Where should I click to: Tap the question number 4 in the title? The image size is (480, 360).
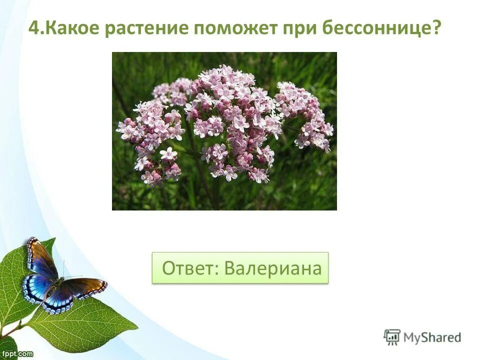33,28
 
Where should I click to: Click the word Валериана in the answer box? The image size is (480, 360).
272,268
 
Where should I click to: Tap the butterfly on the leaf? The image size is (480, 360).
55,280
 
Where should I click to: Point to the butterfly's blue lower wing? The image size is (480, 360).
40,290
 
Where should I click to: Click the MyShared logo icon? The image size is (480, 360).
392,336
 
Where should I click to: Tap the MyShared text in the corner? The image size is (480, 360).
432,337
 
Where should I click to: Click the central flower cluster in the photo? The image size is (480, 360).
230,120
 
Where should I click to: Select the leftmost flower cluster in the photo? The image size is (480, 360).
150,135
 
